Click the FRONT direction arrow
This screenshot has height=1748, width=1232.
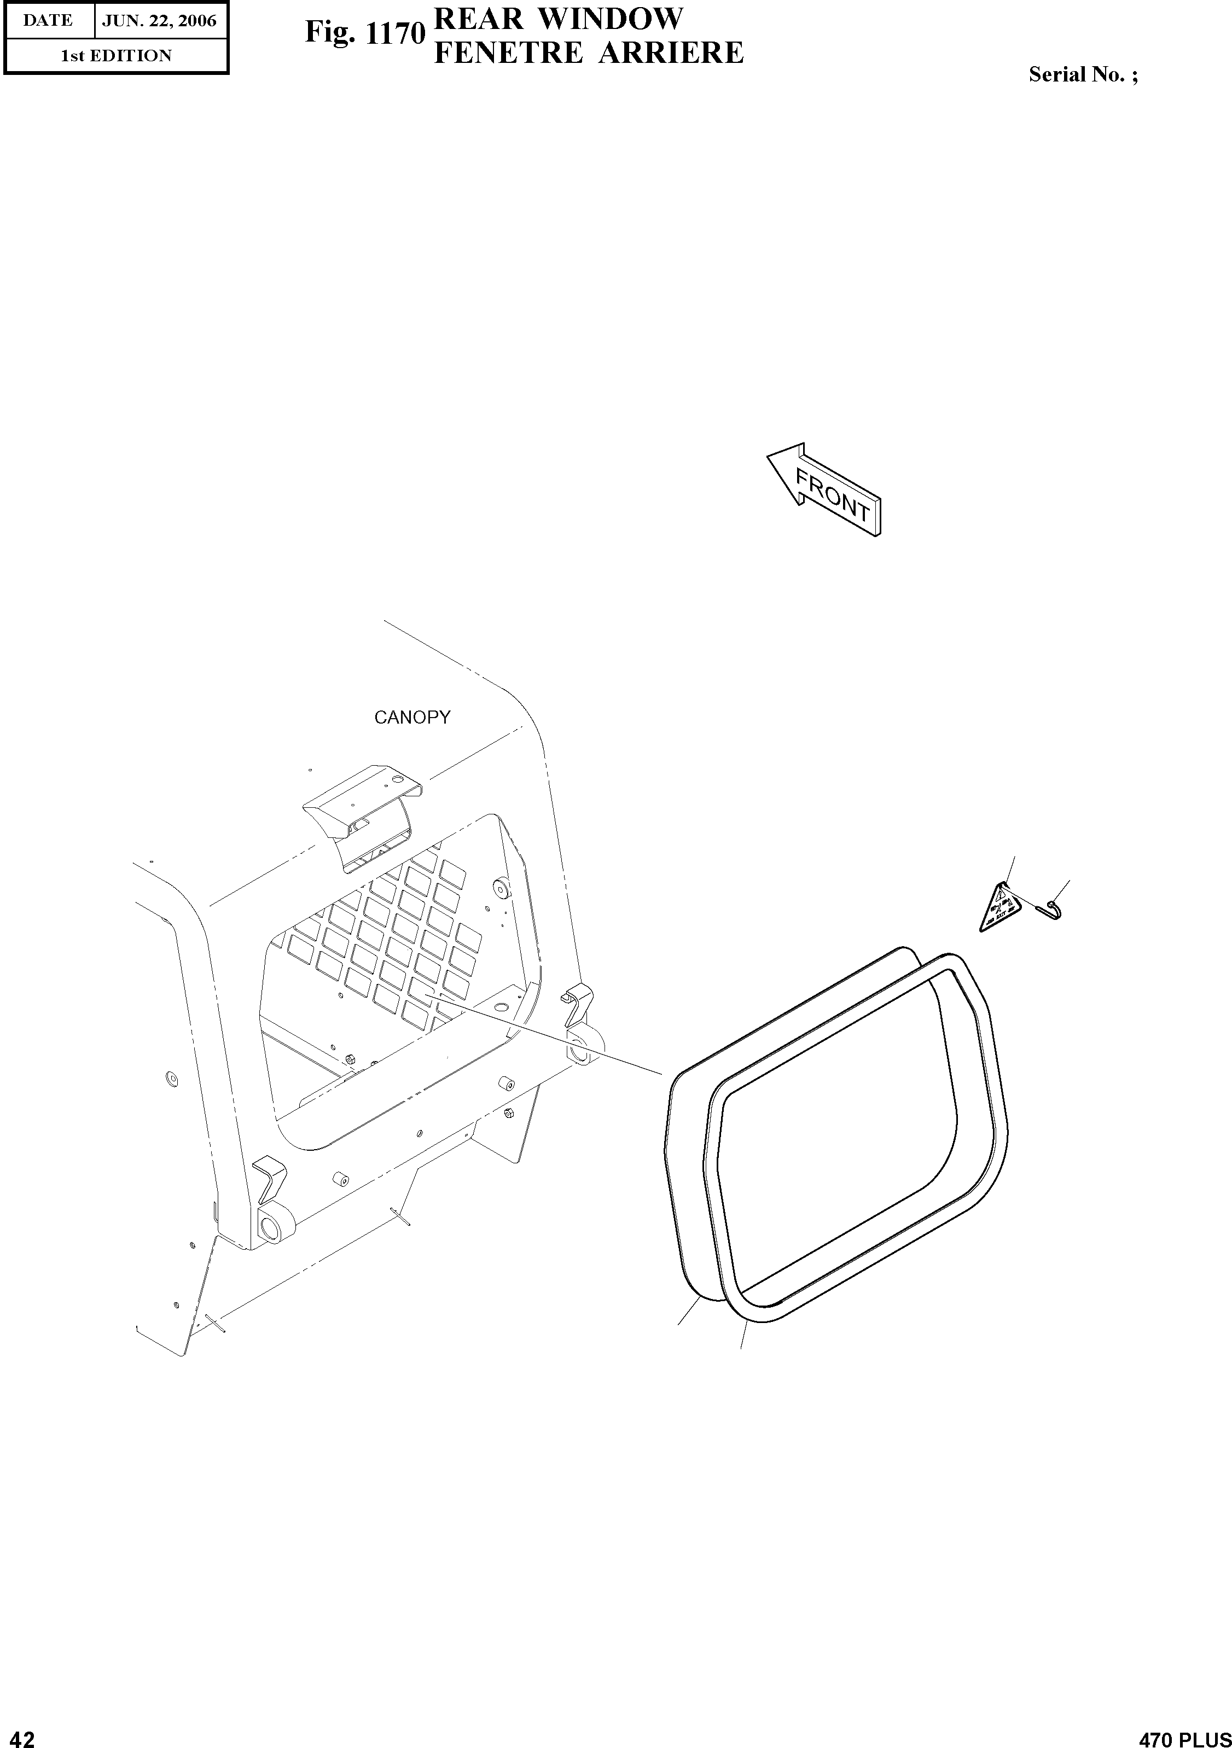point(824,490)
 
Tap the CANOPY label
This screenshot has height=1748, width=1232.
point(412,717)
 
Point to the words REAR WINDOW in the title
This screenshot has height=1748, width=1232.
point(557,18)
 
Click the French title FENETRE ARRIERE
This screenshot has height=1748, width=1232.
point(588,53)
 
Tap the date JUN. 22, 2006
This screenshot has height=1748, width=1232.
point(159,21)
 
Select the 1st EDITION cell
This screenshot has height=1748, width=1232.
point(116,56)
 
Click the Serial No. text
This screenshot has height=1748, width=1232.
point(1083,74)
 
